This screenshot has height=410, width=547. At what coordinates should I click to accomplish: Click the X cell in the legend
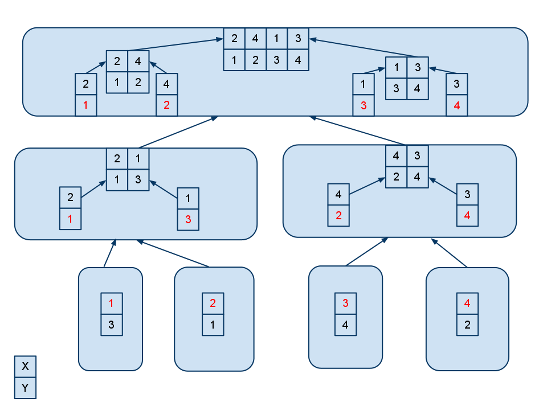click(x=25, y=366)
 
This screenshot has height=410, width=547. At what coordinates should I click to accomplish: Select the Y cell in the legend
click(x=25, y=388)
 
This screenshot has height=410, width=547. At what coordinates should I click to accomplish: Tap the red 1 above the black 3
click(x=111, y=304)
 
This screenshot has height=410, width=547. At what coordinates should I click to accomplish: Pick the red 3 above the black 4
click(x=345, y=304)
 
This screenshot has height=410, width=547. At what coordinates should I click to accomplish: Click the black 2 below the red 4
click(x=467, y=325)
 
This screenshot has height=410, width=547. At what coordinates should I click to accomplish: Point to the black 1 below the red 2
click(x=213, y=325)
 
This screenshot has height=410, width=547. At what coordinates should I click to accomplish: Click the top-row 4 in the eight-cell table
click(x=255, y=39)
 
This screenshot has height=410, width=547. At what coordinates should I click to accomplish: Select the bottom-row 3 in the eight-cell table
click(x=277, y=60)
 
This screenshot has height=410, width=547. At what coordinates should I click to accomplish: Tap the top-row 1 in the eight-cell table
click(x=277, y=39)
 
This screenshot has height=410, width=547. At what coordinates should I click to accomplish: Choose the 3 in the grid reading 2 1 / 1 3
click(x=138, y=180)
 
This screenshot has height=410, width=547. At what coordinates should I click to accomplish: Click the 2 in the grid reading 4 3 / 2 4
click(x=397, y=177)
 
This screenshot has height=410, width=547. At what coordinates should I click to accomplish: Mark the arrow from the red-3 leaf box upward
click(x=366, y=251)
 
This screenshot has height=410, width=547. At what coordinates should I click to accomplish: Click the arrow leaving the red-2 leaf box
click(x=173, y=253)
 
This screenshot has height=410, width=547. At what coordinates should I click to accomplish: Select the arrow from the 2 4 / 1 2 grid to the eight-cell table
click(x=175, y=44)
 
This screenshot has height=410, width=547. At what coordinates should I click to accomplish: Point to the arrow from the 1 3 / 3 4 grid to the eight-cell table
click(x=363, y=47)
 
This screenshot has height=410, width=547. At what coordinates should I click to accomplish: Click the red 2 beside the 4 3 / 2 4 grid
click(x=338, y=216)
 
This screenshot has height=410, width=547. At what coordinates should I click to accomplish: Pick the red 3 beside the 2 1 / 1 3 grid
click(x=188, y=220)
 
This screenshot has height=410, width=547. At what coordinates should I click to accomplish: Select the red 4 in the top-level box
click(x=456, y=105)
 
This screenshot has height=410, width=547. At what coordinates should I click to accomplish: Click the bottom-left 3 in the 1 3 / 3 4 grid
click(x=397, y=89)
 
